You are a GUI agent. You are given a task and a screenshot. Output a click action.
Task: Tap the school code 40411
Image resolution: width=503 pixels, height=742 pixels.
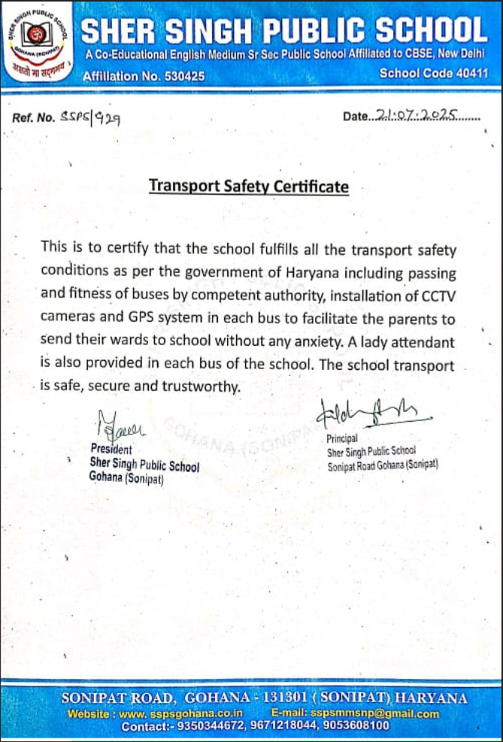468,74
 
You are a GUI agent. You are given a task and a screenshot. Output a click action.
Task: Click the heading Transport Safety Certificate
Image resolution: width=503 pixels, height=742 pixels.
249,186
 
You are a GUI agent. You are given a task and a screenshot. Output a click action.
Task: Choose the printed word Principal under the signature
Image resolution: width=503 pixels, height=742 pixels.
342,438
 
